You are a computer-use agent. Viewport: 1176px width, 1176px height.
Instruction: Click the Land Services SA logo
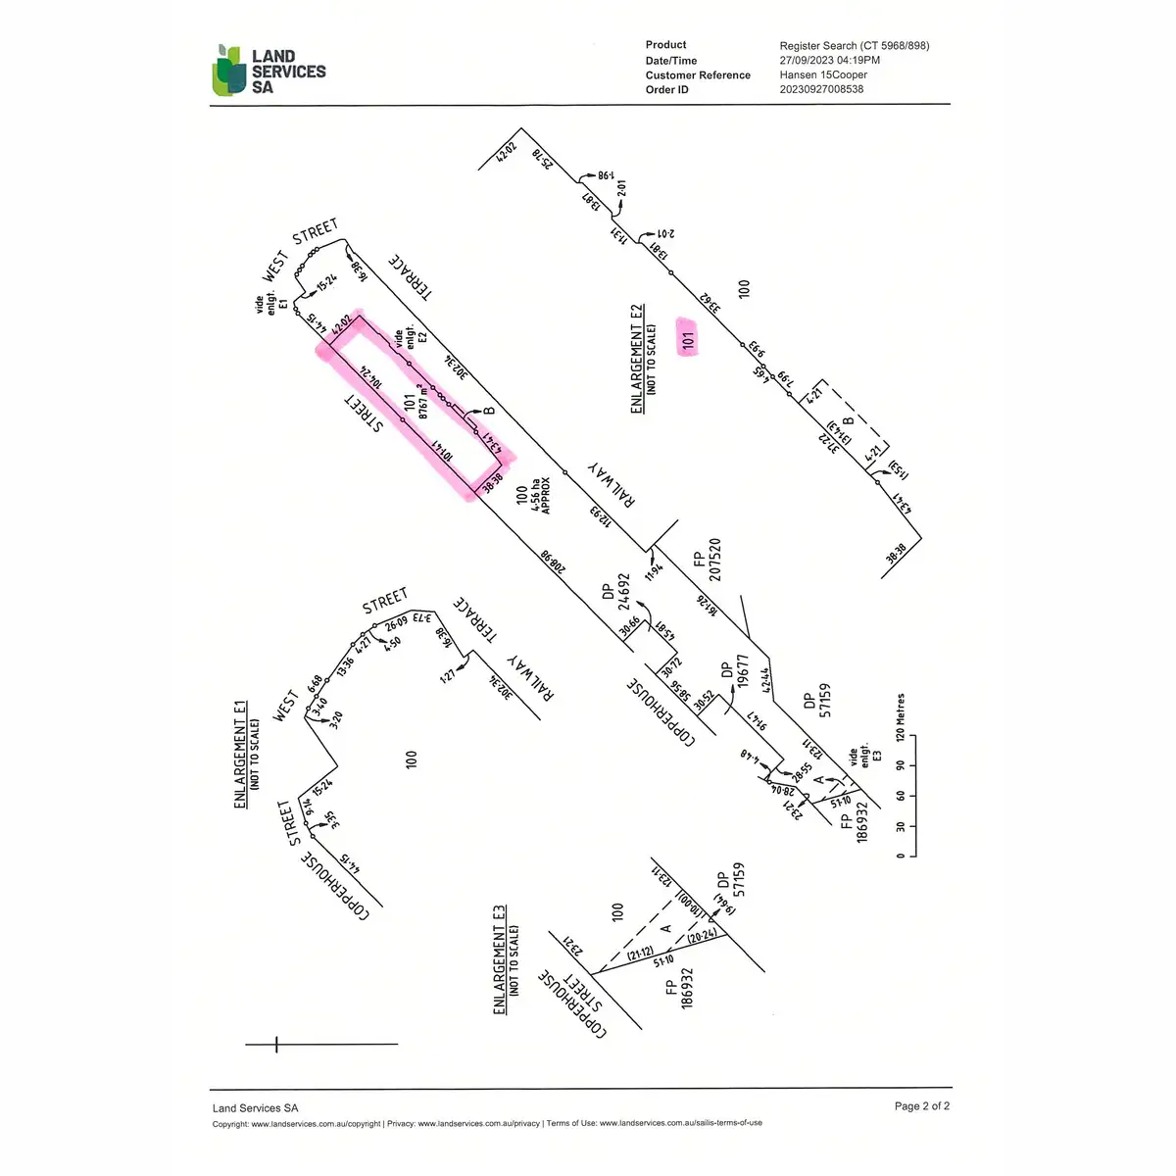pos(269,71)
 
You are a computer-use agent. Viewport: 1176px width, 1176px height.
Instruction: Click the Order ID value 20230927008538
pos(821,89)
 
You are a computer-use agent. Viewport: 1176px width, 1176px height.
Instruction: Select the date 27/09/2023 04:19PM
pos(829,60)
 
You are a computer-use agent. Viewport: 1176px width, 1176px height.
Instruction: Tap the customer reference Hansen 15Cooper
pos(823,74)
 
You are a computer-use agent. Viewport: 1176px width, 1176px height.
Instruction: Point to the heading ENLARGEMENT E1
pos(242,754)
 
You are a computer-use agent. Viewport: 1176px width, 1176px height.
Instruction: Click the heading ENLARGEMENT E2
pos(638,358)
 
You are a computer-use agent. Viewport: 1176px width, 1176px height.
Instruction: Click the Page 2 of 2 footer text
pos(921,1106)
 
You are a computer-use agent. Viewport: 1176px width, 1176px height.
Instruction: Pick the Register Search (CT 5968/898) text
pos(854,45)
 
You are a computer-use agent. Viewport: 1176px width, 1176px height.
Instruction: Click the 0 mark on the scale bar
pos(902,856)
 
